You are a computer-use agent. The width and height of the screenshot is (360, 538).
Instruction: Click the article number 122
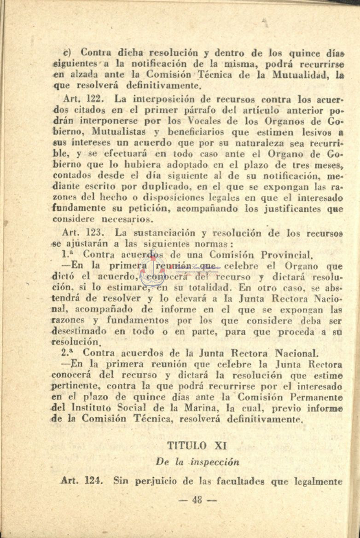(98, 99)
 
